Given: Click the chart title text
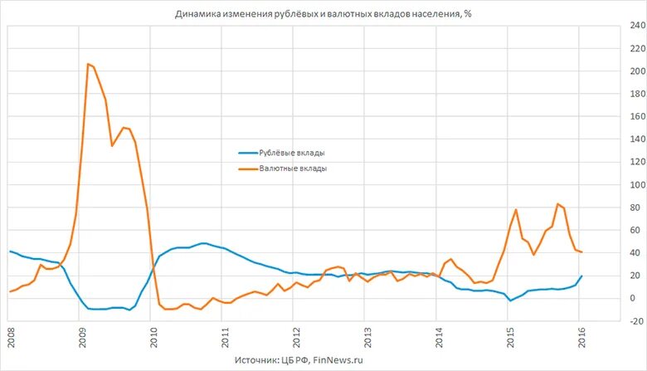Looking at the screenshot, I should (x=323, y=14).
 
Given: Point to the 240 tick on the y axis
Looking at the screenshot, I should (x=635, y=26).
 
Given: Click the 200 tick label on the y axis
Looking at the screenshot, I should (x=635, y=71).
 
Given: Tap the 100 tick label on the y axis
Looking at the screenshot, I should (x=635, y=184).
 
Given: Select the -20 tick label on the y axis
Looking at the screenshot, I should (x=635, y=320).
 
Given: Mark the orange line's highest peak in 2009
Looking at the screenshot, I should (x=88, y=64).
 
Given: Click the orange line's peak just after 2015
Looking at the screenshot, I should (x=516, y=210).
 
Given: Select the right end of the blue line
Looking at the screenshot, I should (x=581, y=276).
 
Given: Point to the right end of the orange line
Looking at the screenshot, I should (x=581, y=251).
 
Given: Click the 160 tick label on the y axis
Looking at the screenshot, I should (x=635, y=116).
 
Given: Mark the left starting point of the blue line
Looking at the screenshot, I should (x=10, y=251).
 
